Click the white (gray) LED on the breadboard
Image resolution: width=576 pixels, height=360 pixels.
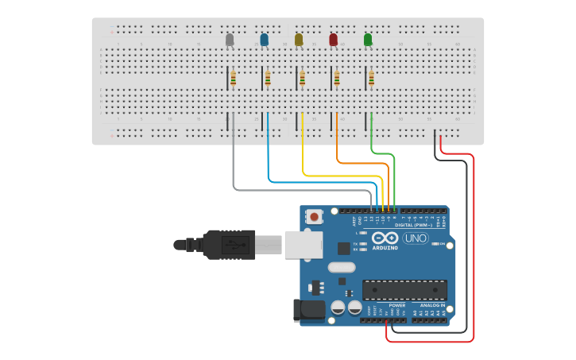click(230, 39)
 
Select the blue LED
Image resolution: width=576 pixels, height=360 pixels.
click(264, 39)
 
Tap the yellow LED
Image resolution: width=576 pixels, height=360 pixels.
click(299, 39)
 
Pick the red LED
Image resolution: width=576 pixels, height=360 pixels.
click(333, 39)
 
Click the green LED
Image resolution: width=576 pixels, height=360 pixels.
click(367, 39)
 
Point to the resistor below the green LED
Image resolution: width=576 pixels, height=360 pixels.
click(371, 78)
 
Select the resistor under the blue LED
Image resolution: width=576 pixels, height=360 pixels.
click(268, 78)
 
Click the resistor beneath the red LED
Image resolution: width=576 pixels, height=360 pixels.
click(337, 78)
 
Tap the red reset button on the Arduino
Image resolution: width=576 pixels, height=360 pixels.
click(315, 216)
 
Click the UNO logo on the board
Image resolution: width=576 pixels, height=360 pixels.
click(415, 238)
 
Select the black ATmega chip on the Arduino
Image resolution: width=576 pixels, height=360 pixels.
click(404, 289)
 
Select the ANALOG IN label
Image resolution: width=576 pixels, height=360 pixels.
click(432, 305)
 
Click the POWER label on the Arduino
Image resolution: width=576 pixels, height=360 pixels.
click(397, 305)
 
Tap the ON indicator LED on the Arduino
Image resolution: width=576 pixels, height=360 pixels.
click(435, 244)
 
